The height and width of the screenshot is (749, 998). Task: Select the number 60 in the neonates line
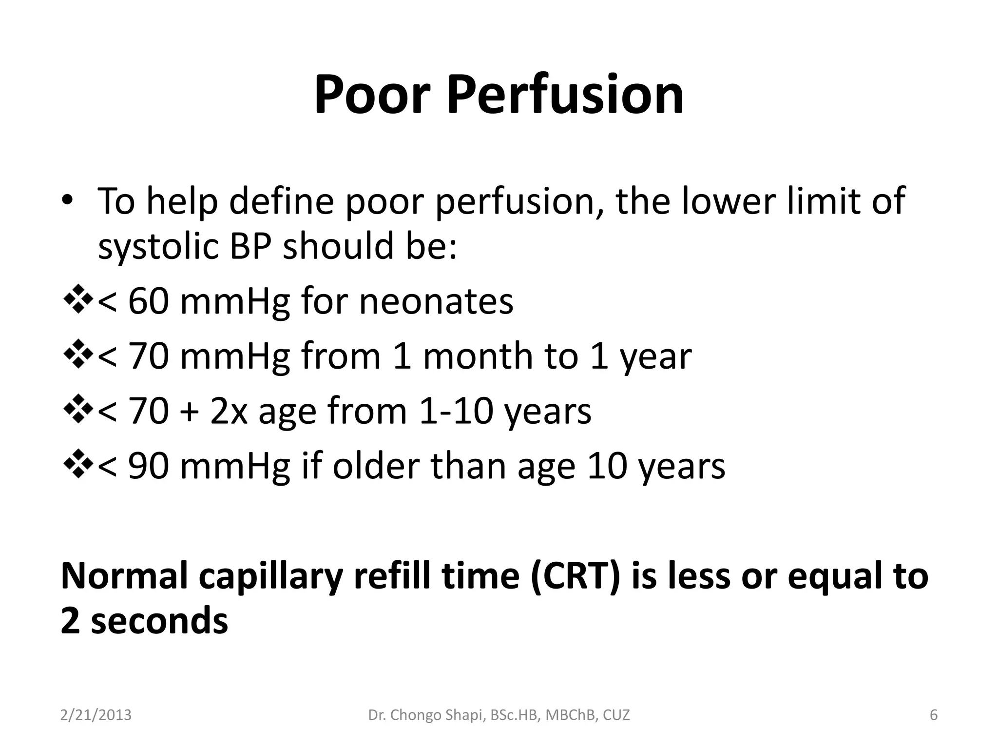(148, 301)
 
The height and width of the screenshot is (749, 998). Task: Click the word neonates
(436, 301)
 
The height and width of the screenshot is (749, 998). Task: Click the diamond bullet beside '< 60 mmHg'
(78, 301)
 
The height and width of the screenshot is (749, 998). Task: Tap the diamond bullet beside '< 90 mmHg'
(78, 466)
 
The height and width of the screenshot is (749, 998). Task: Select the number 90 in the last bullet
(148, 466)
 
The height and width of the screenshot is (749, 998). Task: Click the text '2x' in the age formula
(229, 411)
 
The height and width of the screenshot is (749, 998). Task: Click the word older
(376, 466)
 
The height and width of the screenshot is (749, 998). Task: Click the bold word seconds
(159, 621)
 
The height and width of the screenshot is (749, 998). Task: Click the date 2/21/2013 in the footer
(96, 715)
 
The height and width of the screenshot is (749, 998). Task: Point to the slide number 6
(934, 715)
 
